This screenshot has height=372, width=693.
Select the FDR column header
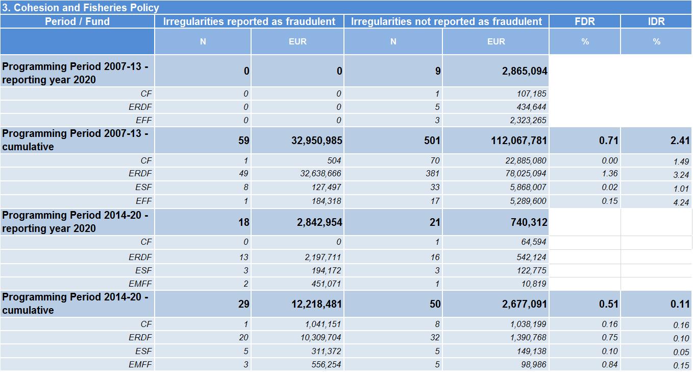coord(585,21)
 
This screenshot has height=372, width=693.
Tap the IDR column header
coord(656,21)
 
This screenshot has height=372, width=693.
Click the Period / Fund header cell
coord(78,21)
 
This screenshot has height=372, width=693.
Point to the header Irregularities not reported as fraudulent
coord(446,21)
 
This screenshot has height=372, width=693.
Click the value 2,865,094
coord(525,71)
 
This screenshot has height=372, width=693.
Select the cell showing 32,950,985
coord(317,141)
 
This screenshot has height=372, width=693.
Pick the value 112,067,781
coord(519,141)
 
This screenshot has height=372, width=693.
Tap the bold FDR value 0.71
coord(608,141)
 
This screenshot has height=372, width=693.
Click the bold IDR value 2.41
coord(680,141)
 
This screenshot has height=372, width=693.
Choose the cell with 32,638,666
coord(320,173)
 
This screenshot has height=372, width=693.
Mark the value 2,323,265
coord(528,120)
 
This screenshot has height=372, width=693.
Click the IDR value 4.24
coord(681,202)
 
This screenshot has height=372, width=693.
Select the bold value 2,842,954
coord(319,222)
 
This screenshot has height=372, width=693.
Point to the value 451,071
coord(326,284)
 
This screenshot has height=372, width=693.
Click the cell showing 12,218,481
coord(317,304)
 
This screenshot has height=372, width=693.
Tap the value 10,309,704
coord(320,337)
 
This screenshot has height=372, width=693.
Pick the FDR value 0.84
coord(609,364)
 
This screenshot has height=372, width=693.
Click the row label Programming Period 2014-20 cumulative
coord(75,304)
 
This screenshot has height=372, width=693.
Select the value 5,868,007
coord(528,187)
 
